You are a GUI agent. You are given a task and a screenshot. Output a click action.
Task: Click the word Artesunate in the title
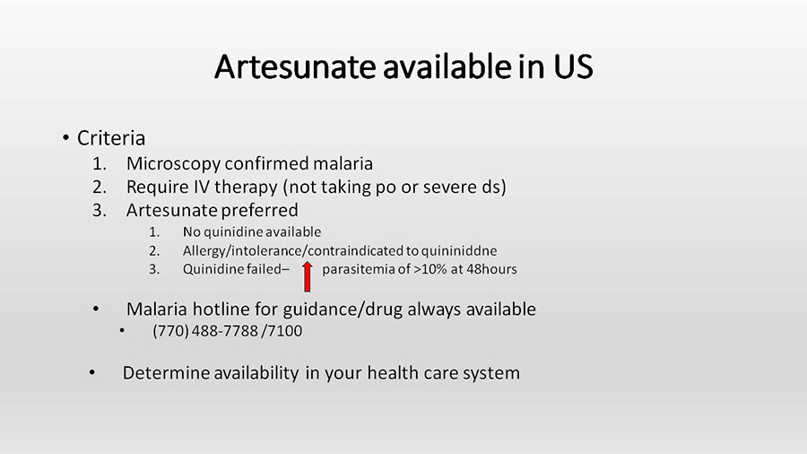(x=295, y=66)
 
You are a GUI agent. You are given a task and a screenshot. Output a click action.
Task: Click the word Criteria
(x=111, y=138)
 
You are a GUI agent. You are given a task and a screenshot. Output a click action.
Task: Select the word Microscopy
(x=173, y=164)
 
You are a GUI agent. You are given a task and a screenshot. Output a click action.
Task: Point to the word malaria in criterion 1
(x=343, y=163)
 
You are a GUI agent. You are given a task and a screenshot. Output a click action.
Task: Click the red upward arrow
(x=308, y=276)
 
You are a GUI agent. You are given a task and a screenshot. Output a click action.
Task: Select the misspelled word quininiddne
(x=459, y=251)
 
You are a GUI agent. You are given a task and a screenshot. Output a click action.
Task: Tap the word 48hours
(x=491, y=269)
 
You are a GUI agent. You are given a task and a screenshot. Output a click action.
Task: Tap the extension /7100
(x=282, y=330)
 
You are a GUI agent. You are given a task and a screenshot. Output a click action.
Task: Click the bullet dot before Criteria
(x=65, y=138)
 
